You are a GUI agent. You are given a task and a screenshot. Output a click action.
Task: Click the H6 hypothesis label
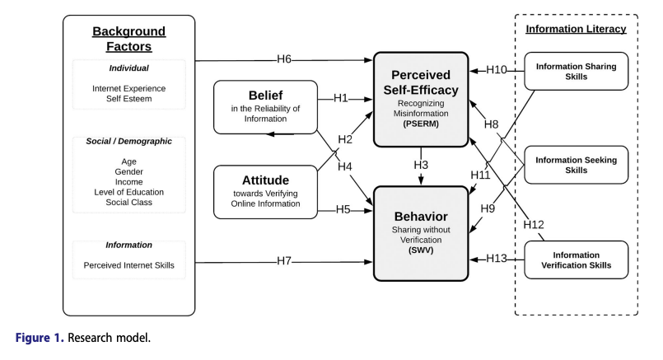point(285,59)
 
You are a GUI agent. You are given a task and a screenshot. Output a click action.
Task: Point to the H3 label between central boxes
point(422,166)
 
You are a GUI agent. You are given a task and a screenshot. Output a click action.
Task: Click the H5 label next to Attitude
point(343,209)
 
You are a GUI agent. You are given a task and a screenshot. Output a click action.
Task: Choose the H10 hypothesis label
point(497,70)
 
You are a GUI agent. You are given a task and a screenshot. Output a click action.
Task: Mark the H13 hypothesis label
point(497,259)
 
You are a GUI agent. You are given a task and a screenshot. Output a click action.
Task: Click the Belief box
point(265,106)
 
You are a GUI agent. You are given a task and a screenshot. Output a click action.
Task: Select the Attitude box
point(265,192)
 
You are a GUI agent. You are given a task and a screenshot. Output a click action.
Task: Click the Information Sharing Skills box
point(576,72)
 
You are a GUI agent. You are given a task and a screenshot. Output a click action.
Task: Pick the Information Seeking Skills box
point(576,165)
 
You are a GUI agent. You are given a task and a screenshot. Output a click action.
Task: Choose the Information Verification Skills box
point(576,259)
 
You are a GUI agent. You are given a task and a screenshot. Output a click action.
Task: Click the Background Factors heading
point(128,40)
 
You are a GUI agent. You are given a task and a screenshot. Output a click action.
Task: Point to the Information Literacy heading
point(576,29)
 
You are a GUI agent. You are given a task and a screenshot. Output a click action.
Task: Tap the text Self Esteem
point(128,100)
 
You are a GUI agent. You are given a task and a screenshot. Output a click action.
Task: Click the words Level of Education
point(128,192)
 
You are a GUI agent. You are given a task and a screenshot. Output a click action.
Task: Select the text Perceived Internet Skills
point(128,265)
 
